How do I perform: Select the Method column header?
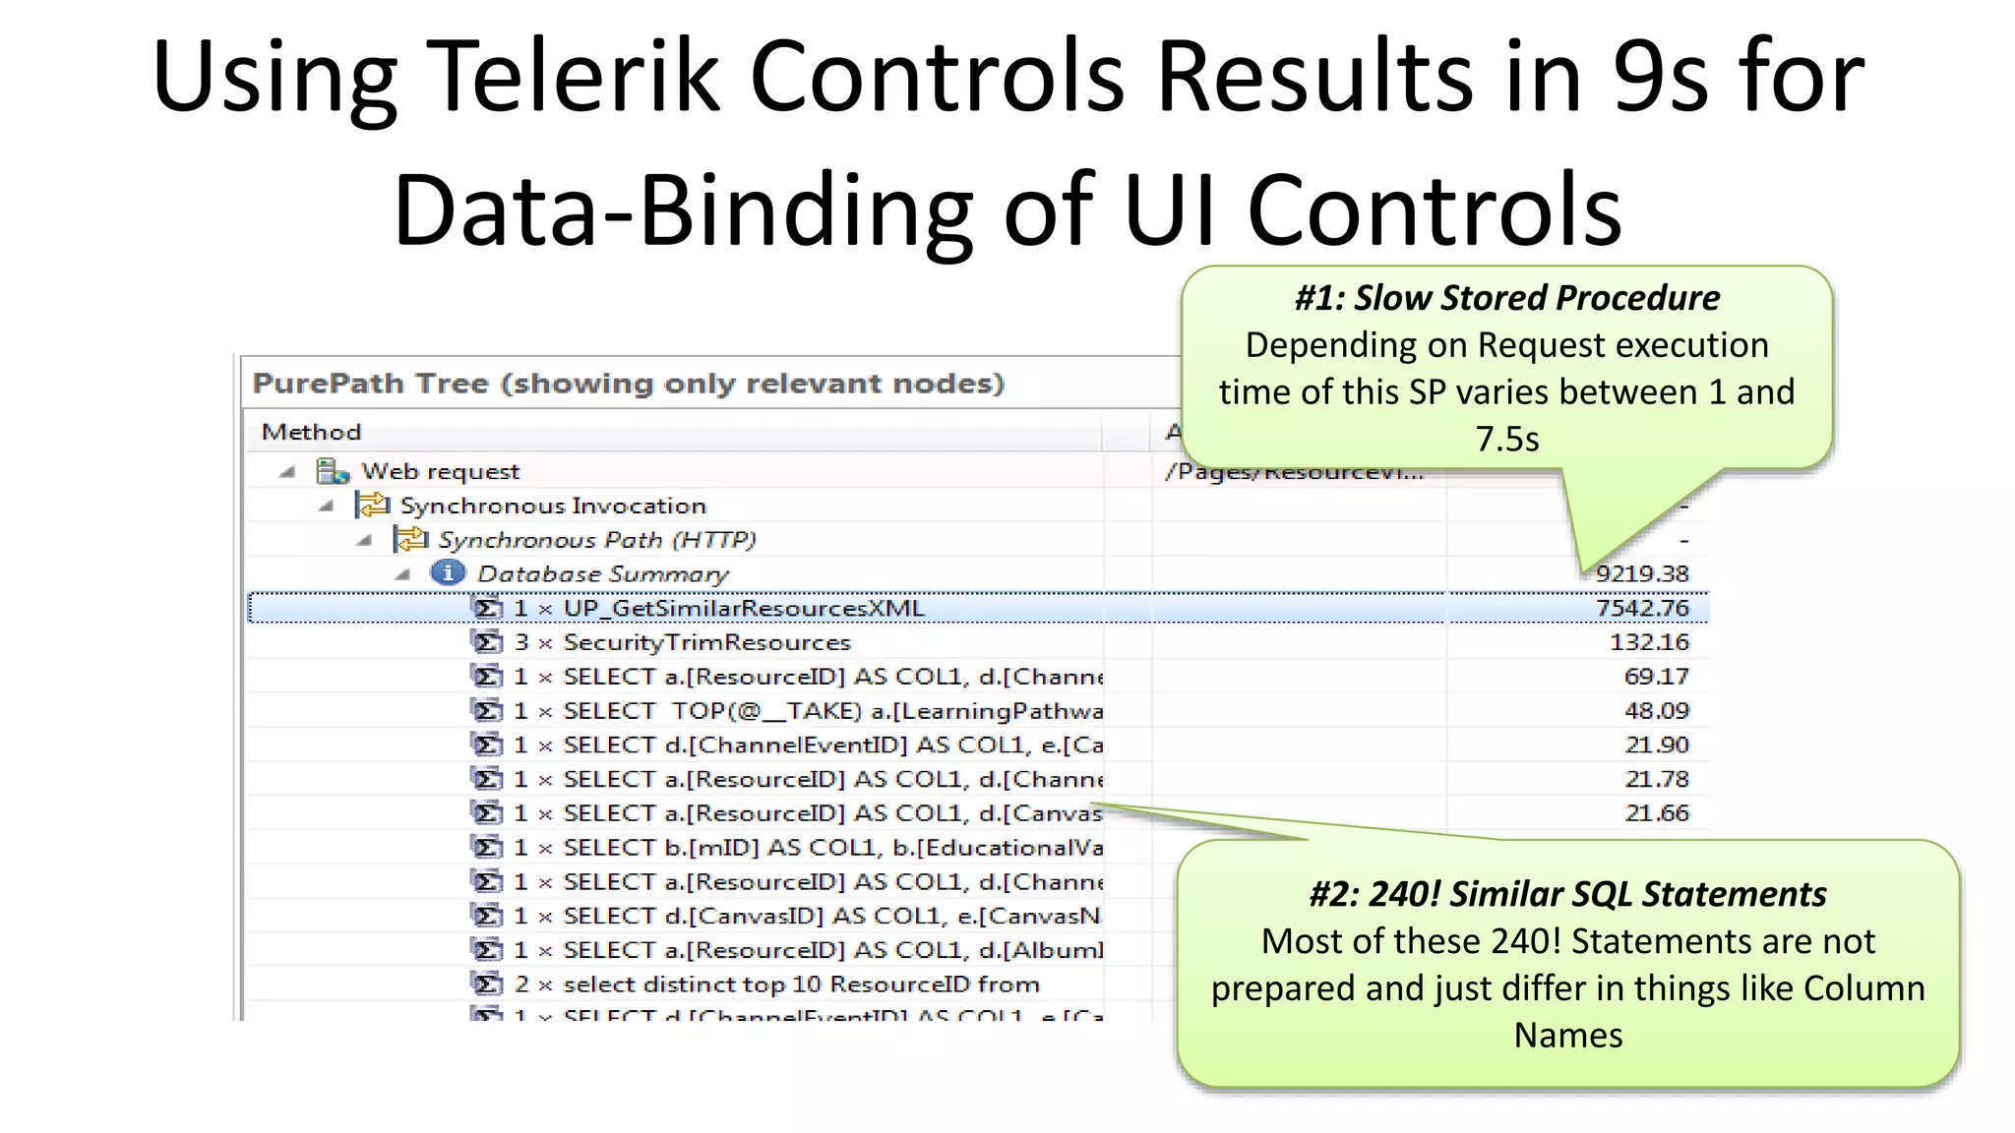311,432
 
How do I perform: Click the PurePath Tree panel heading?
628,383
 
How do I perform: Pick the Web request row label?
440,472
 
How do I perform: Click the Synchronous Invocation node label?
552,506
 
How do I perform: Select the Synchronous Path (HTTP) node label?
596,540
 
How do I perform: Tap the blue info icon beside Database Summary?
448,572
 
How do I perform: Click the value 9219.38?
1641,573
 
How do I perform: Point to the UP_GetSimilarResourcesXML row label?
743,608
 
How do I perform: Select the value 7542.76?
1641,608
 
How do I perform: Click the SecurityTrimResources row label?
705,642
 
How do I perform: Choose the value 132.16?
1648,642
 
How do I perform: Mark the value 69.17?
1656,677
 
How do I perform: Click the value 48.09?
1656,710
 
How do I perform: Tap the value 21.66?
1656,813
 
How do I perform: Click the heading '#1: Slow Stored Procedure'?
1506,298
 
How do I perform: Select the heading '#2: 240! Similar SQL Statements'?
1567,894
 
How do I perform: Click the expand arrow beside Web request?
287,472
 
